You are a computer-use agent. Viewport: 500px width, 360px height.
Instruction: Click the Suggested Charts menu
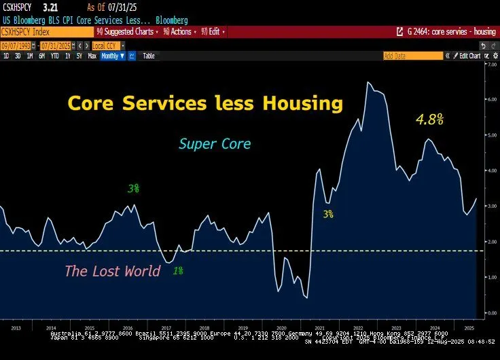[128, 31]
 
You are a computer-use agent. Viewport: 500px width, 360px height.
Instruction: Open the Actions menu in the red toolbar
[179, 31]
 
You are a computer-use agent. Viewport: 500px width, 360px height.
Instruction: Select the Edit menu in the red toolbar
[212, 31]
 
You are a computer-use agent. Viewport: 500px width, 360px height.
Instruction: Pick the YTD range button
[54, 56]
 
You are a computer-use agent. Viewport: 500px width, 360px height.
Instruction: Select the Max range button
[92, 56]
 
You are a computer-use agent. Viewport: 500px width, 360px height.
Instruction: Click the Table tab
[148, 56]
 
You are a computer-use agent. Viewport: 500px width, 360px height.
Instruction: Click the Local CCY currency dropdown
[107, 46]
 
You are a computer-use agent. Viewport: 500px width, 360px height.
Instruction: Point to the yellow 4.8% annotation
[429, 120]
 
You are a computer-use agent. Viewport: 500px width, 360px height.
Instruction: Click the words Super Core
[215, 144]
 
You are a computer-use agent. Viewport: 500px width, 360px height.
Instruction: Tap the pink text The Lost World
[112, 271]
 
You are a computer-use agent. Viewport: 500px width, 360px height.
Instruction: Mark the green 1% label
[177, 270]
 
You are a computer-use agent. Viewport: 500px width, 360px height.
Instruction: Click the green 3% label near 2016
[134, 188]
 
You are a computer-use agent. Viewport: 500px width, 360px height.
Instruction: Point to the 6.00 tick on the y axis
[491, 99]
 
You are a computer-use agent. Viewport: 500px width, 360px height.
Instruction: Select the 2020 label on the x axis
[284, 326]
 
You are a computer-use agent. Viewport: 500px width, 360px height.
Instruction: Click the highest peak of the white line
[368, 83]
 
